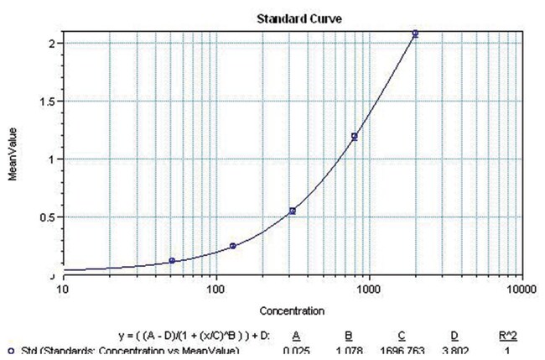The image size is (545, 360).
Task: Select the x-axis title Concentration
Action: [x=292, y=311]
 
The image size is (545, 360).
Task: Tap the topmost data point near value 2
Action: [x=414, y=34]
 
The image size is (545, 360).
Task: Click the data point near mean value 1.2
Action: [x=354, y=136]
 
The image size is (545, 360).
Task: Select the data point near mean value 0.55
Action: [x=293, y=211]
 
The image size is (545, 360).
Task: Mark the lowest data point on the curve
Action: [x=172, y=261]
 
